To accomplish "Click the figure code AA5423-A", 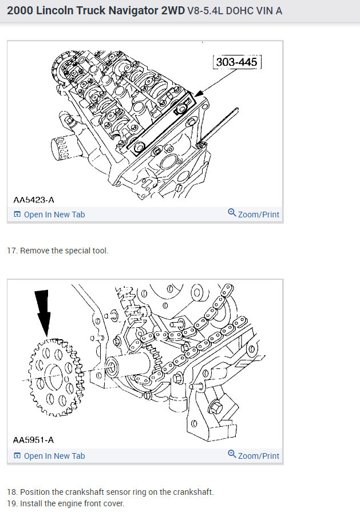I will [x=34, y=200].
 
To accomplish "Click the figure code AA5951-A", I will [x=34, y=440].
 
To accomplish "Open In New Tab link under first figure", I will [x=54, y=215].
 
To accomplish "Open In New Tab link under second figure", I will [x=54, y=456].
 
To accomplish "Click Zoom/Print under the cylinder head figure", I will [x=258, y=215].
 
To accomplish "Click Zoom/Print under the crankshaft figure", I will [x=258, y=456].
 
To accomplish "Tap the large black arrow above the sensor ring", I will [x=43, y=312].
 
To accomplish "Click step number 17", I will [x=11, y=251].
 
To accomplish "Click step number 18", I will [x=11, y=492].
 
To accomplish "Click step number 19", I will [x=11, y=503].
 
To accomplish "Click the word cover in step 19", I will [x=112, y=503].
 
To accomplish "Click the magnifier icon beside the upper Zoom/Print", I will [x=232, y=213].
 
